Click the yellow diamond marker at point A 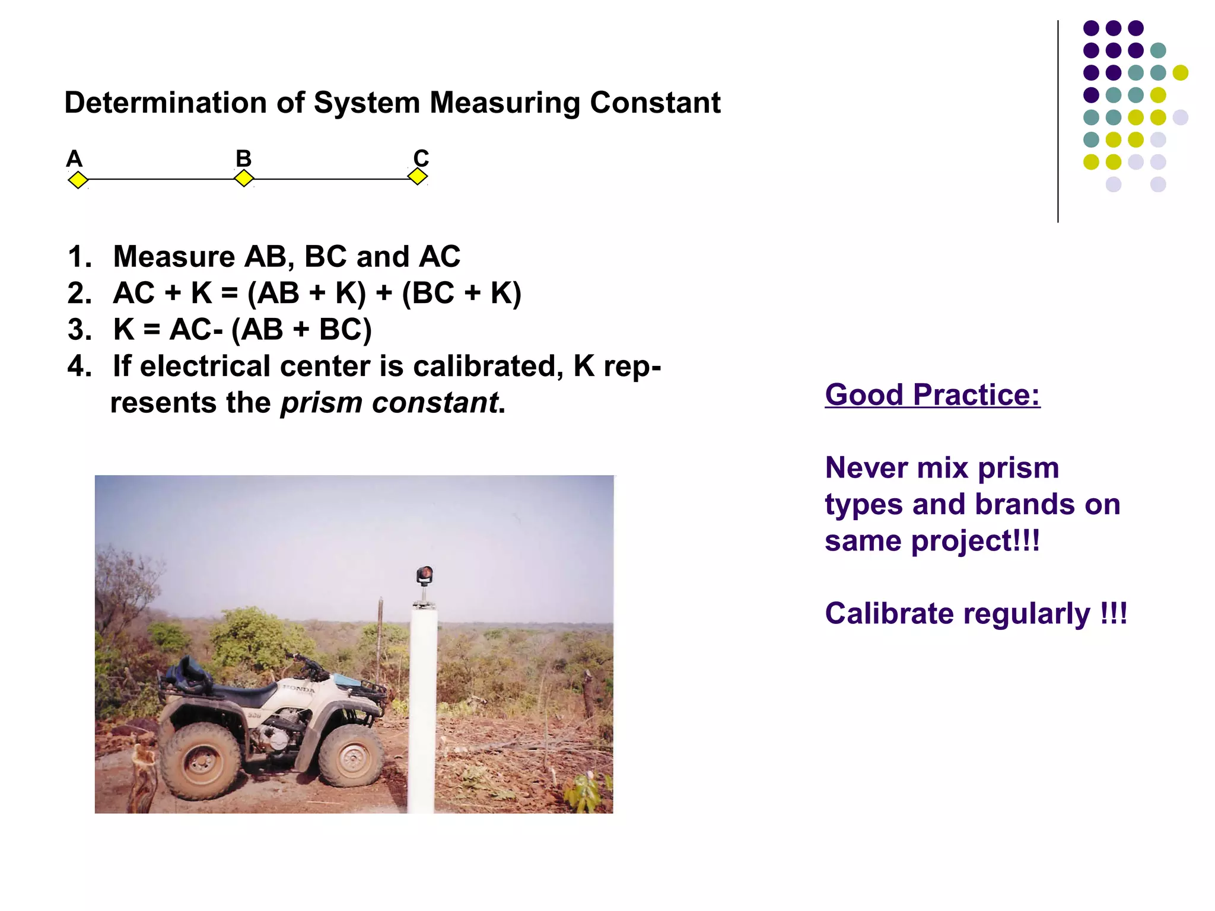pos(78,180)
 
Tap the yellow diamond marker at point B pos(244,178)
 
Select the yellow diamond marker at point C pos(418,176)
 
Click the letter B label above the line pos(243,158)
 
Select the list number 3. pos(79,330)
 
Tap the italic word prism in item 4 pos(320,403)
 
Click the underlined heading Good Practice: pos(932,395)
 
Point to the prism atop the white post pos(424,575)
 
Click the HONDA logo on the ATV pos(300,689)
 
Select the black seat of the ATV pos(243,693)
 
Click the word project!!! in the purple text pos(975,541)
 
